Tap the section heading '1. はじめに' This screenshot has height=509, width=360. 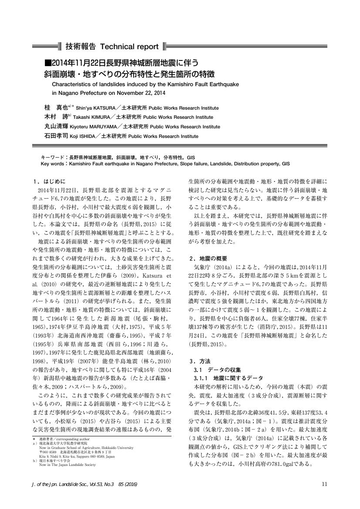(x=48, y=181)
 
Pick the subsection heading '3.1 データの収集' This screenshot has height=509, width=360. (x=213, y=369)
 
